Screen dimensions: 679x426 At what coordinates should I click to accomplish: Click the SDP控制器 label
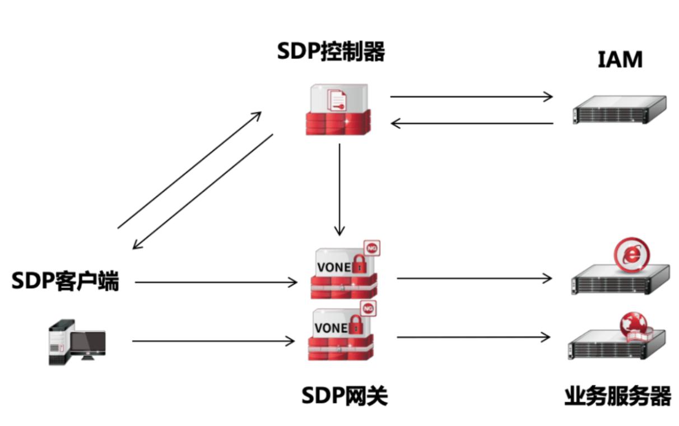pyautogui.click(x=331, y=51)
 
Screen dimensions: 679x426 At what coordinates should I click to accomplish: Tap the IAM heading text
pyautogui.click(x=620, y=59)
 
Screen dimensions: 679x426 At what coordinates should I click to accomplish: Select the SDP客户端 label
pyautogui.click(x=65, y=281)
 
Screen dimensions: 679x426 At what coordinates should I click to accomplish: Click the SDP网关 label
pyautogui.click(x=345, y=395)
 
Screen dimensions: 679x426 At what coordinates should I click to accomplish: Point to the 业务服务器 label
pyautogui.click(x=618, y=396)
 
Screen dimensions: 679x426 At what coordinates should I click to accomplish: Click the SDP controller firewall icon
pyautogui.click(x=338, y=109)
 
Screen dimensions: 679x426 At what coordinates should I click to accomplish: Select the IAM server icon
pyautogui.click(x=619, y=110)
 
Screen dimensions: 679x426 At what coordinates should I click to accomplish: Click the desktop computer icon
pyautogui.click(x=77, y=342)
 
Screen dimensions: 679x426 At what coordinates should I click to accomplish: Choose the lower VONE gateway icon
pyautogui.click(x=342, y=331)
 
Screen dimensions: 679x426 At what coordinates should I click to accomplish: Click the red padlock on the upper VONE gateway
pyautogui.click(x=360, y=265)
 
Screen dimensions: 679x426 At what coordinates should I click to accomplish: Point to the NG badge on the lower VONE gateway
pyautogui.click(x=368, y=309)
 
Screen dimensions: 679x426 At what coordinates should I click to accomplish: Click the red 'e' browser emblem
pyautogui.click(x=632, y=254)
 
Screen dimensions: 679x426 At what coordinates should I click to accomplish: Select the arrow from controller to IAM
pyautogui.click(x=471, y=97)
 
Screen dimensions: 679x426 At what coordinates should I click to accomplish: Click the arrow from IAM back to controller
pyautogui.click(x=472, y=123)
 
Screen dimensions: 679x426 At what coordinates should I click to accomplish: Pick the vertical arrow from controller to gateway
pyautogui.click(x=339, y=190)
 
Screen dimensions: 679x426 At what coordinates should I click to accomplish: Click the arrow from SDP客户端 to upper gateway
pyautogui.click(x=216, y=283)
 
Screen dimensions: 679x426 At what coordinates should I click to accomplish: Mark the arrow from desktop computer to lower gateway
pyautogui.click(x=213, y=341)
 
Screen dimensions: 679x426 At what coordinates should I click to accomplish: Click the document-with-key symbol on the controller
pyautogui.click(x=337, y=100)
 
